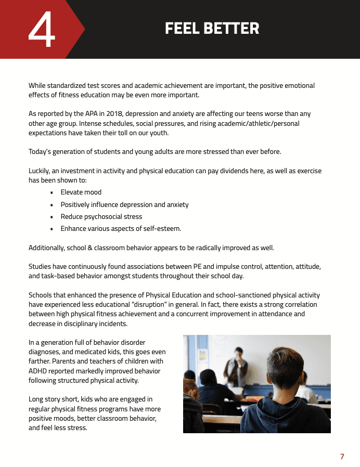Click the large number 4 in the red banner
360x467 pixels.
click(41, 30)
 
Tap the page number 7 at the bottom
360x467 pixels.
click(342, 457)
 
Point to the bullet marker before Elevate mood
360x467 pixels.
click(52, 192)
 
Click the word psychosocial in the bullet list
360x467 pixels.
click(104, 217)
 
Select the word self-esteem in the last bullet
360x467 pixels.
click(162, 229)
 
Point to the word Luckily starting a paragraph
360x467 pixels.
click(40, 171)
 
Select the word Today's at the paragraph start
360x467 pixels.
click(41, 152)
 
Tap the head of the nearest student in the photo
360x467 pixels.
click(285, 370)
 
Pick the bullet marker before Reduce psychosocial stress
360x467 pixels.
click(52, 217)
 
